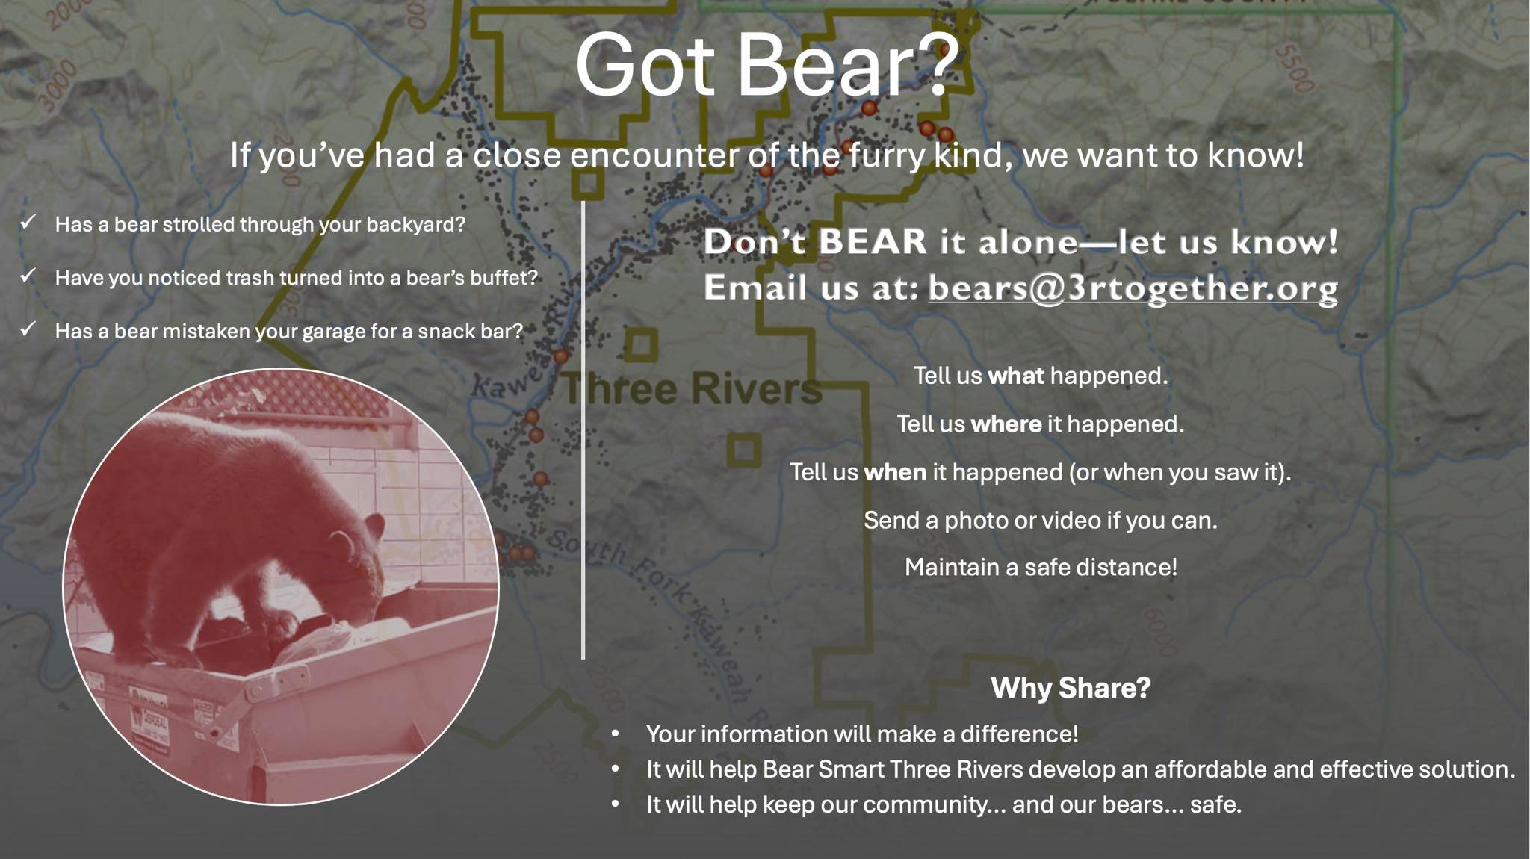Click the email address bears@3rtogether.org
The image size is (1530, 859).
pos(1133,288)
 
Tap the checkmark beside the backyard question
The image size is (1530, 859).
pos(28,222)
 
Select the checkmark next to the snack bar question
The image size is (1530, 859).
pos(28,329)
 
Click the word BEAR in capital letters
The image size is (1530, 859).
pos(873,241)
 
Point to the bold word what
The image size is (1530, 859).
pos(1015,376)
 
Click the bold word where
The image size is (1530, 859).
pos(1006,424)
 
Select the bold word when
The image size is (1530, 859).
pos(895,472)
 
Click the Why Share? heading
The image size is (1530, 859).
pos(1071,688)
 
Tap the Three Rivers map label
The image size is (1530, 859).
pos(691,388)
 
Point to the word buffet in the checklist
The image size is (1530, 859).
pos(500,278)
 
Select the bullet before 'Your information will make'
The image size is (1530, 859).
pos(616,734)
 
